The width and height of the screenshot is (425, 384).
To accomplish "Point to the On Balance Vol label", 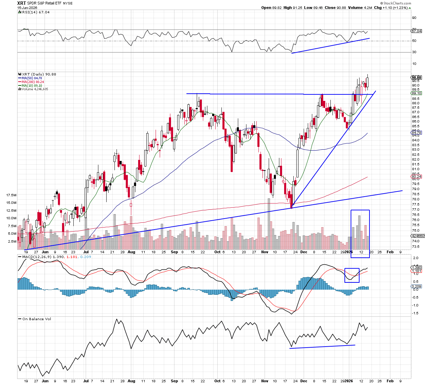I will [37, 319].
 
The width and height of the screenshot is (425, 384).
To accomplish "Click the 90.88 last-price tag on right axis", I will [416, 78].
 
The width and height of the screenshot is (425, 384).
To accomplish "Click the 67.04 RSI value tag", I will [416, 31].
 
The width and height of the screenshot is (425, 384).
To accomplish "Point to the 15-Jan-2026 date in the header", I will [27, 8].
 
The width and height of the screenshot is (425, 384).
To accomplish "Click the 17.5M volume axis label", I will [11, 195].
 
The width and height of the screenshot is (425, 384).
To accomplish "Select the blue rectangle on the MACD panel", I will [352, 275].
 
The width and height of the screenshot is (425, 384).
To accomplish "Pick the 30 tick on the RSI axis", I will [414, 52].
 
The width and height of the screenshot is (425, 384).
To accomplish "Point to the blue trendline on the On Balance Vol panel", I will [322, 347].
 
